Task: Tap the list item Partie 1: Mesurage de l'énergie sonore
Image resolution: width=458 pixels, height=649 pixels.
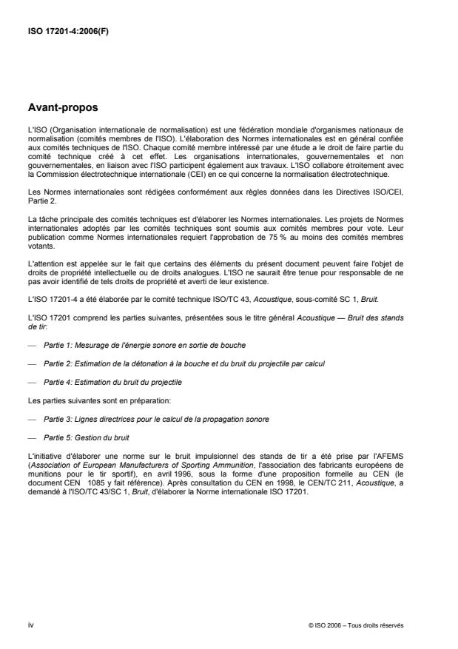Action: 145,346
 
